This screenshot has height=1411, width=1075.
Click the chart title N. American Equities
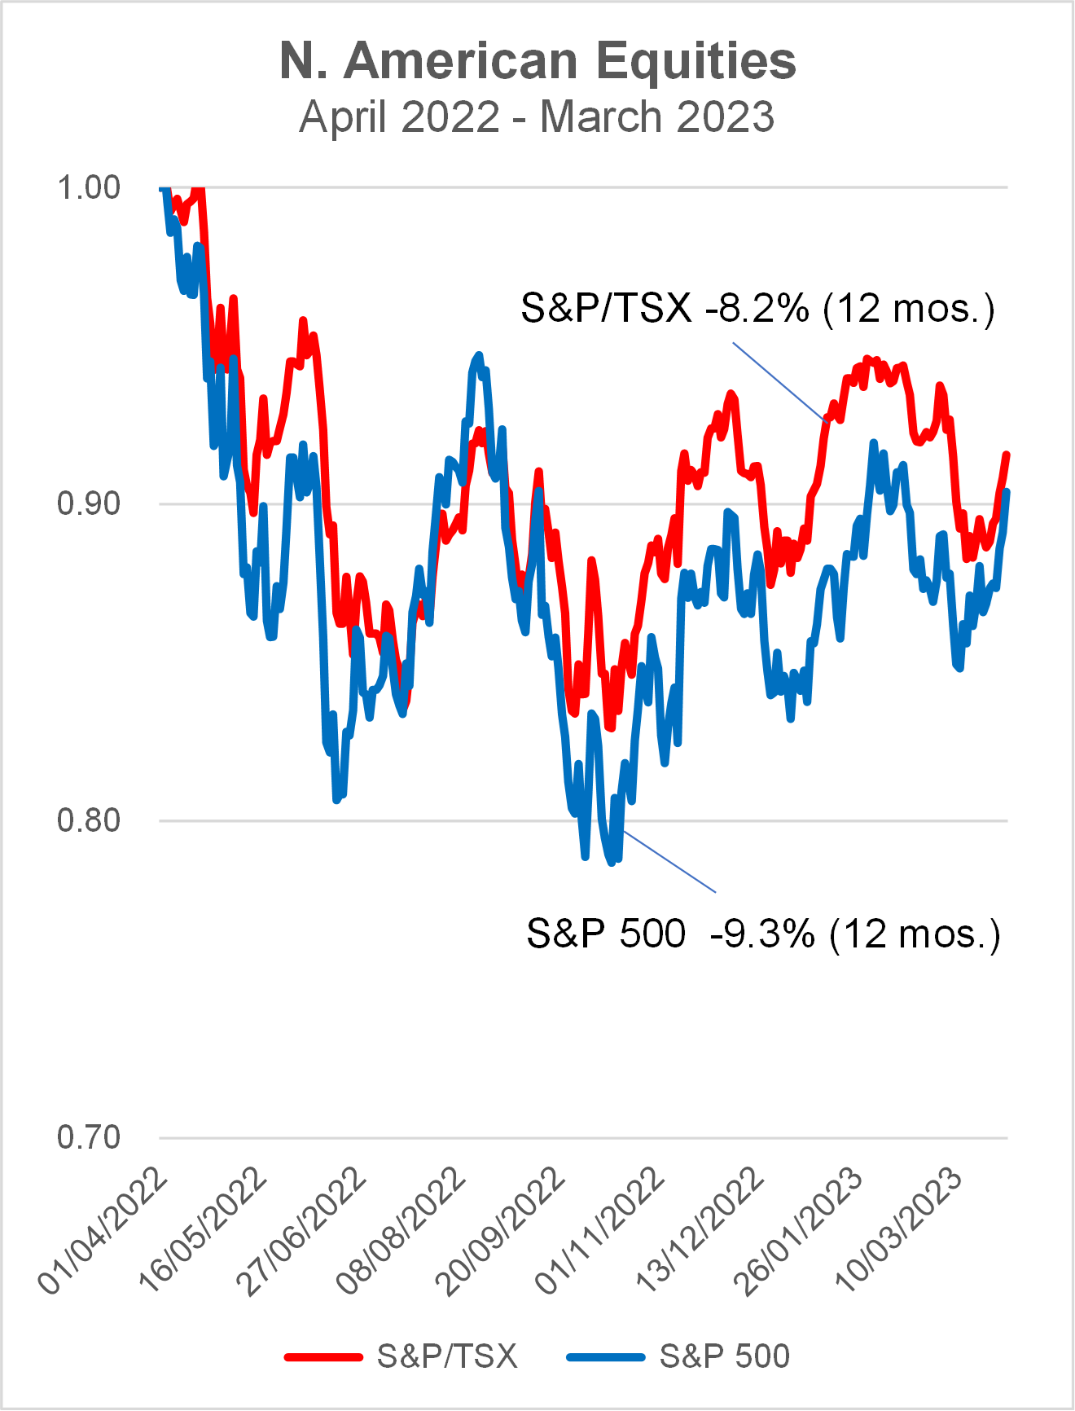[537, 61]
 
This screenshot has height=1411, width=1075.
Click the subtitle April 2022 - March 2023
[537, 116]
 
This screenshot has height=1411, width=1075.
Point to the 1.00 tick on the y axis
[88, 187]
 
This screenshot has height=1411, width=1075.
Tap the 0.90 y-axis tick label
[88, 503]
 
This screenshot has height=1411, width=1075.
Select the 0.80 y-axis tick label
[88, 820]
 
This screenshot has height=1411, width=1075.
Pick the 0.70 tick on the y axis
[88, 1136]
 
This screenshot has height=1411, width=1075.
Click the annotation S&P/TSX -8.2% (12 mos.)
[757, 309]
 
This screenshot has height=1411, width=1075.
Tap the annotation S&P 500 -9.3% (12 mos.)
[763, 934]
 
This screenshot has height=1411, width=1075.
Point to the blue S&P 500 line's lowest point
[612, 862]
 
